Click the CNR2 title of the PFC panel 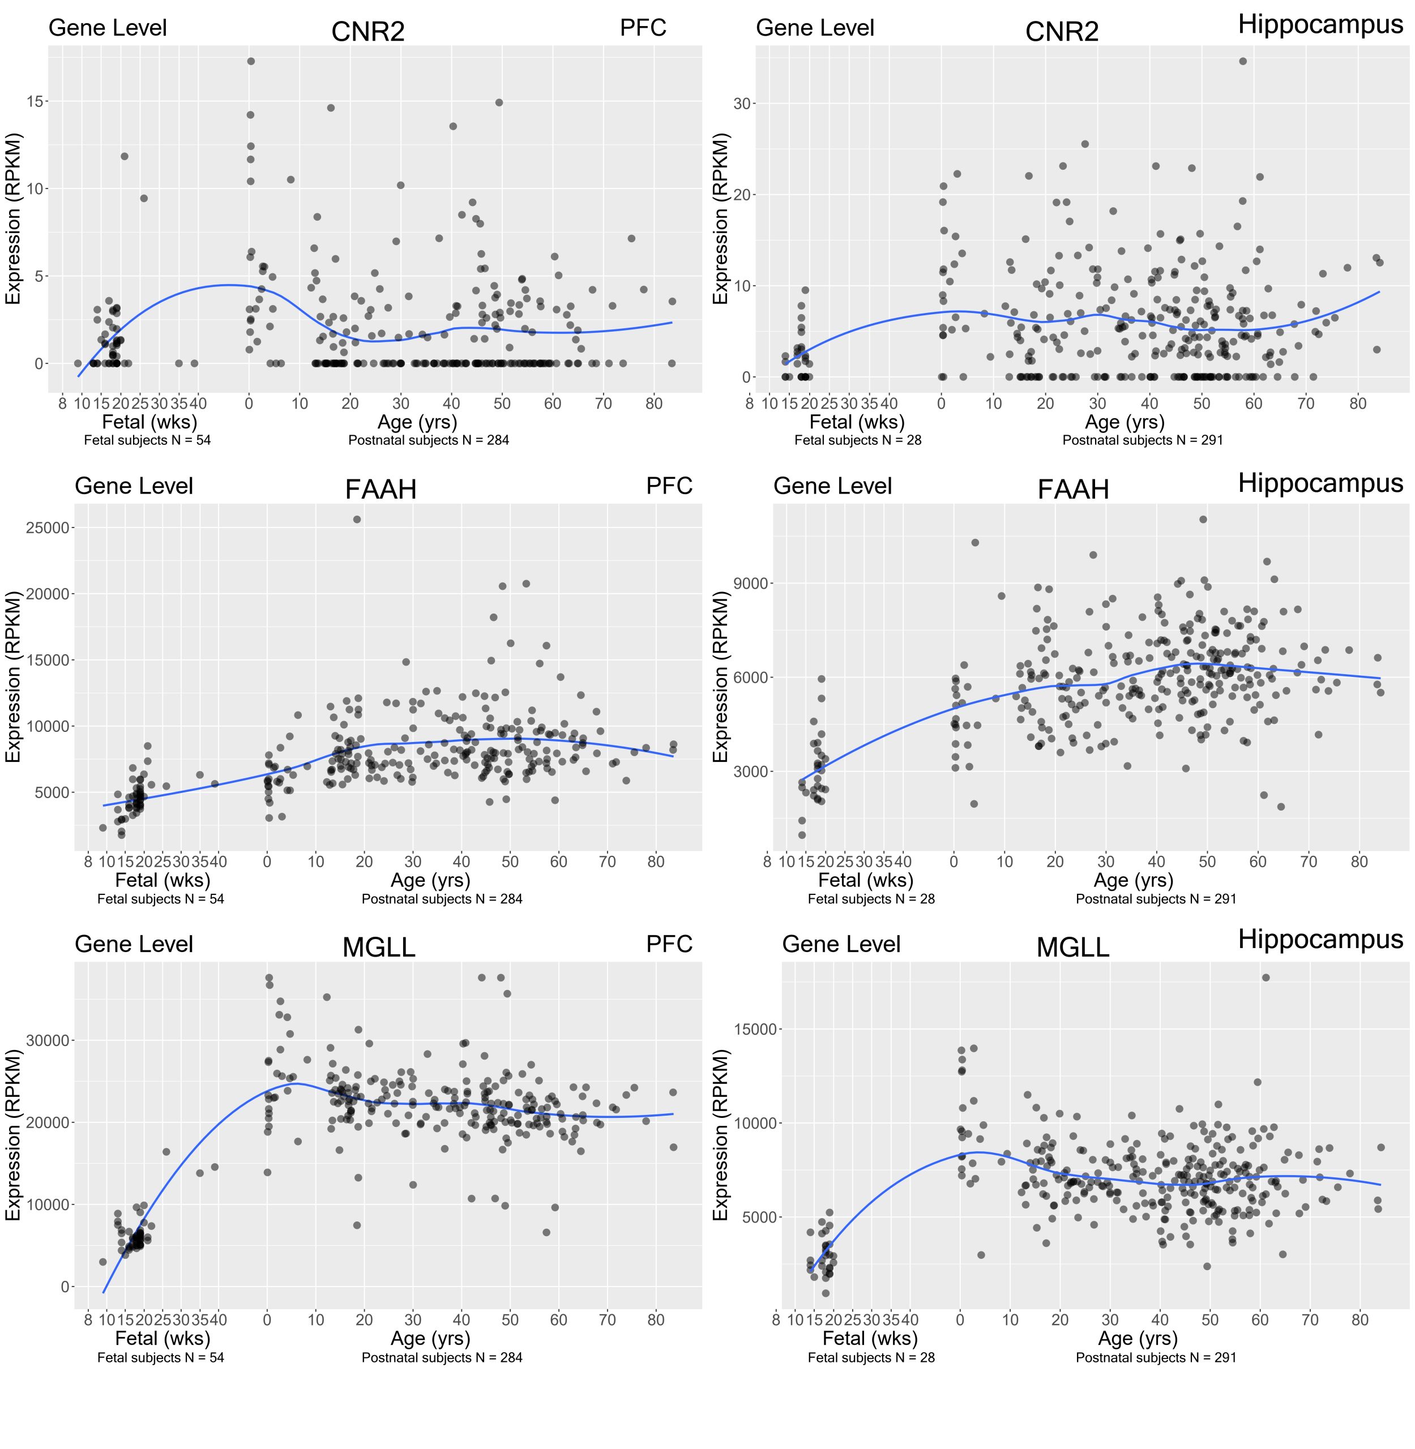coord(368,32)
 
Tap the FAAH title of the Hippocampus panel coord(1072,490)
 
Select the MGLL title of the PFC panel coord(378,948)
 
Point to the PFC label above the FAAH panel coord(669,486)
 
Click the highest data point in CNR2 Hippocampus coord(1242,62)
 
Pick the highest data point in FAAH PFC coord(357,520)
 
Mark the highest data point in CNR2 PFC coord(250,62)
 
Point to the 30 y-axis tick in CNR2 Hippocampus coord(741,103)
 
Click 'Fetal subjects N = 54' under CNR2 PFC coord(147,440)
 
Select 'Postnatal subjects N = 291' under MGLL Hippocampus coord(1156,1358)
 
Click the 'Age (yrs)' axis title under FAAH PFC coord(430,880)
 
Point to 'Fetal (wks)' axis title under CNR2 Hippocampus coord(856,422)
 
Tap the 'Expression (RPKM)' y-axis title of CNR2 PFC coord(14,218)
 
